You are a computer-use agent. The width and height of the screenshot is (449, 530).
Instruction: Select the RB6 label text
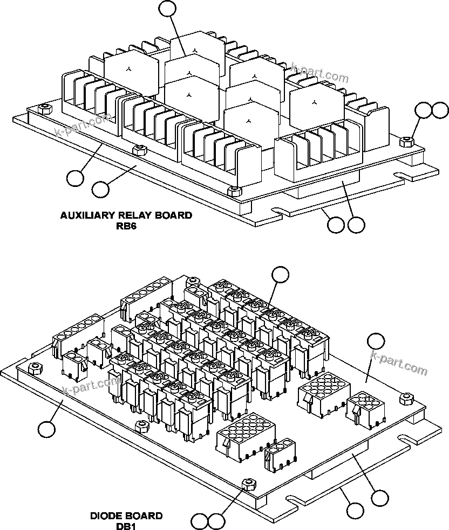(126, 226)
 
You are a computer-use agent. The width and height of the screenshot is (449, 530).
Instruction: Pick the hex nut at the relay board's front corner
(234, 191)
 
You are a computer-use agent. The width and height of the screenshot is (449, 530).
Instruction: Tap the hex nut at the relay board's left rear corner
(45, 109)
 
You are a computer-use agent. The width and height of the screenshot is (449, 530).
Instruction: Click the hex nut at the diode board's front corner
(247, 483)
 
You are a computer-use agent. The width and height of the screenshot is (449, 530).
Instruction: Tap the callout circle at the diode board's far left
(47, 429)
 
